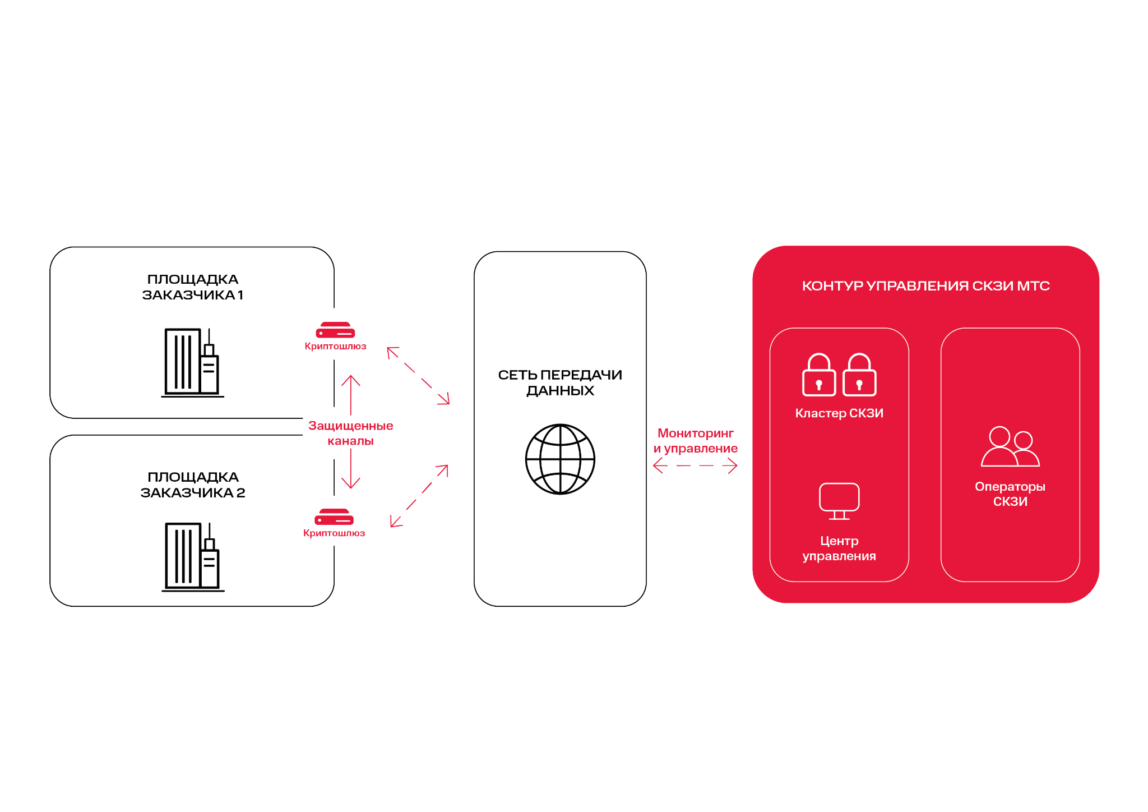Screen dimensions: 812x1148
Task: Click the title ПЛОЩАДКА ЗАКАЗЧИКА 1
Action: point(192,287)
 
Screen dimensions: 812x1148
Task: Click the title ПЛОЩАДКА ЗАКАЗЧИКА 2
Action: point(192,485)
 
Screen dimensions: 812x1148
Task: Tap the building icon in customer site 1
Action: point(192,363)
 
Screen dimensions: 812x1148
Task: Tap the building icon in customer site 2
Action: point(193,557)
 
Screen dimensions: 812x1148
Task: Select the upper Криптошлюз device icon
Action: point(335,330)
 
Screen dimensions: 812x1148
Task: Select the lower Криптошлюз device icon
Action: point(334,517)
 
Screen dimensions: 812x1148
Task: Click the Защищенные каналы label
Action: point(350,433)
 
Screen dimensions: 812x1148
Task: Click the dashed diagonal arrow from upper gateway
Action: point(418,376)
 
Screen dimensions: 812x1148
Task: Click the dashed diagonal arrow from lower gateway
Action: point(419,496)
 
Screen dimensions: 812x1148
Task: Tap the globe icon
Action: point(560,459)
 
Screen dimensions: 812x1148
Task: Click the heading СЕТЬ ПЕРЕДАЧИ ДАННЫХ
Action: point(560,382)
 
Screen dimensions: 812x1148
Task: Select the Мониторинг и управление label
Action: point(695,441)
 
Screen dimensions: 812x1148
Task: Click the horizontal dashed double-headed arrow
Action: point(695,465)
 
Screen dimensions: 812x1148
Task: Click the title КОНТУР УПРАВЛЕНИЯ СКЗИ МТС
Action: point(925,286)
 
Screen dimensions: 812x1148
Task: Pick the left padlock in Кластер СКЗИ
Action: point(819,375)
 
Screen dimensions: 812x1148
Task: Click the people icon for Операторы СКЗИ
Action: point(1010,447)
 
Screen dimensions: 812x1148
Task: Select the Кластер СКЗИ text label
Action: point(839,413)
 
